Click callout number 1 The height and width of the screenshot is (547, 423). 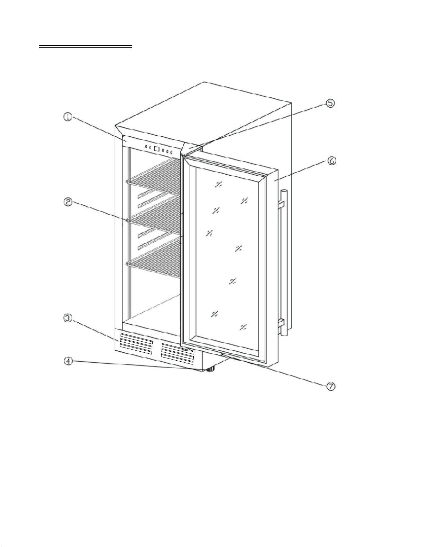[68, 117]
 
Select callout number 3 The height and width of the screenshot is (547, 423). [68, 318]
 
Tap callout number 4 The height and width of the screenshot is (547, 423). [68, 361]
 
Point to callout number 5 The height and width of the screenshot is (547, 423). [330, 103]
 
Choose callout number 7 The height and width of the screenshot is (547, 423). [330, 386]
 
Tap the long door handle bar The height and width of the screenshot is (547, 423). [284, 262]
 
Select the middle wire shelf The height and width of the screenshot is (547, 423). [154, 216]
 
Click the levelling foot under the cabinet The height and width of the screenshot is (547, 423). [210, 369]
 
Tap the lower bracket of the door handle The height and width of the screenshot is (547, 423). [281, 322]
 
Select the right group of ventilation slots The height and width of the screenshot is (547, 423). [177, 354]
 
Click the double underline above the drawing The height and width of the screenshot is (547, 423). [86, 46]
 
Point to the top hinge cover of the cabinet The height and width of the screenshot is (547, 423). [191, 148]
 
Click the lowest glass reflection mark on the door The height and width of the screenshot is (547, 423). [243, 328]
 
